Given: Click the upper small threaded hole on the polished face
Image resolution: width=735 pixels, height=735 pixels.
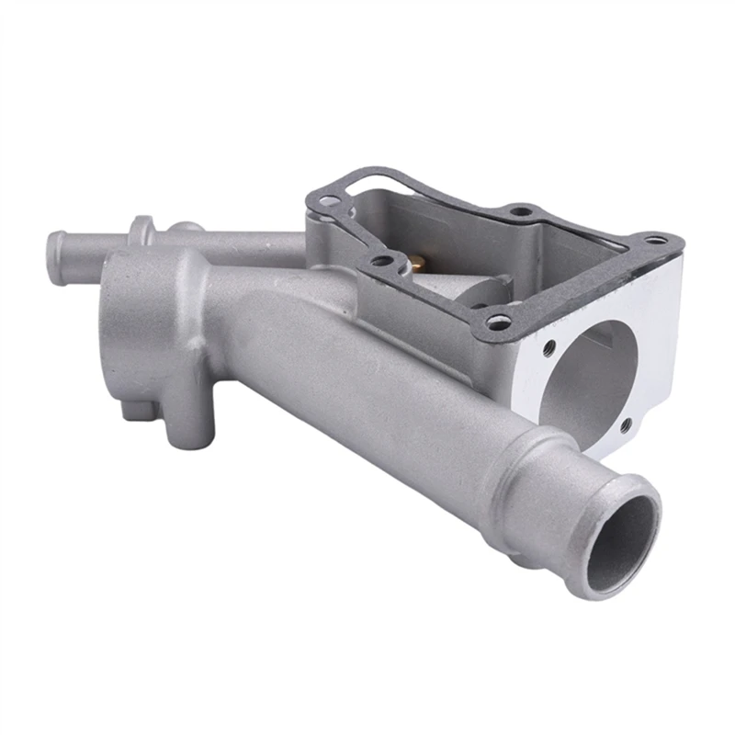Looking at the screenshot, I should pos(549,349).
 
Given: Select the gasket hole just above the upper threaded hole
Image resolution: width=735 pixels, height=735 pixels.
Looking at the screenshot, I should pos(497,322).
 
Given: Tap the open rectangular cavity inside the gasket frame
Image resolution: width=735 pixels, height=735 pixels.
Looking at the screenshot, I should pos(478,239).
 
